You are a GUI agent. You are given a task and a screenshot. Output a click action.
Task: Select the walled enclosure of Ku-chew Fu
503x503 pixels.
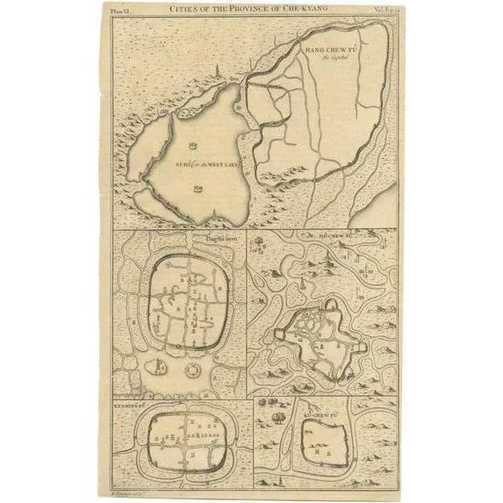point(318,442)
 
